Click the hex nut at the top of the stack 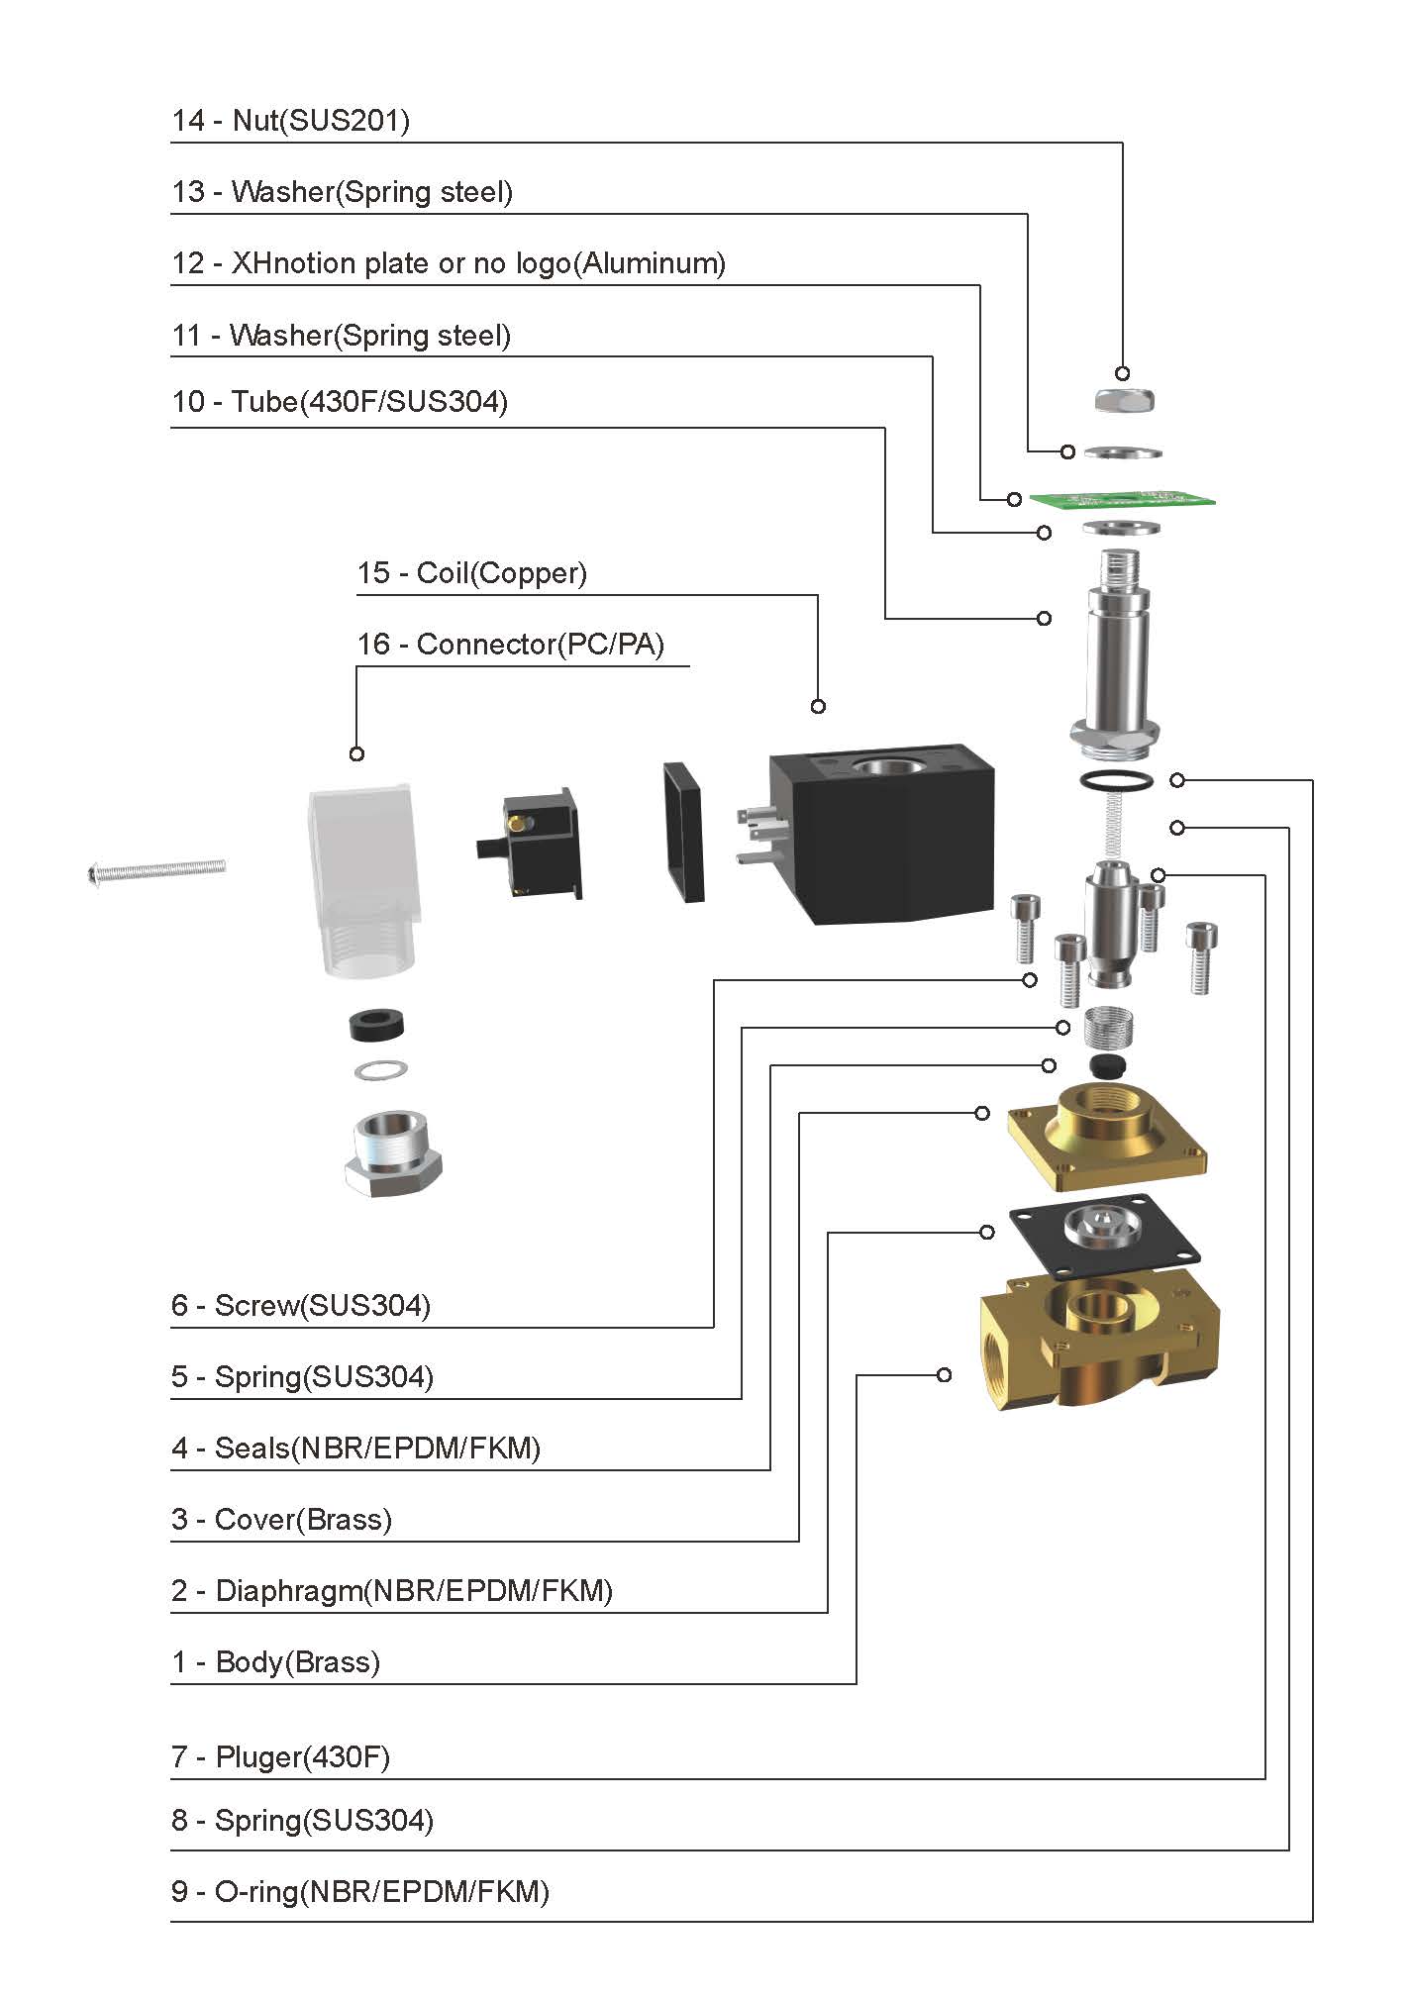pos(1125,400)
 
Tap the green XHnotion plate pos(1123,498)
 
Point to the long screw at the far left pos(156,870)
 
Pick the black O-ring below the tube pos(1116,780)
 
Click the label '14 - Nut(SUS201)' pos(290,121)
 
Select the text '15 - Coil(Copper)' pos(471,573)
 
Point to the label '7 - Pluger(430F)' pos(280,1756)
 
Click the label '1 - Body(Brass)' pos(275,1661)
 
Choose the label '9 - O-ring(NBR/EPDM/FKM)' pos(359,1891)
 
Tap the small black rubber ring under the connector pos(377,1025)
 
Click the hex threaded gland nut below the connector pos(392,1152)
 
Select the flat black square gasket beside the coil pos(684,832)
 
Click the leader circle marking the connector pos(356,753)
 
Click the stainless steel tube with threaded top pos(1117,653)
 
